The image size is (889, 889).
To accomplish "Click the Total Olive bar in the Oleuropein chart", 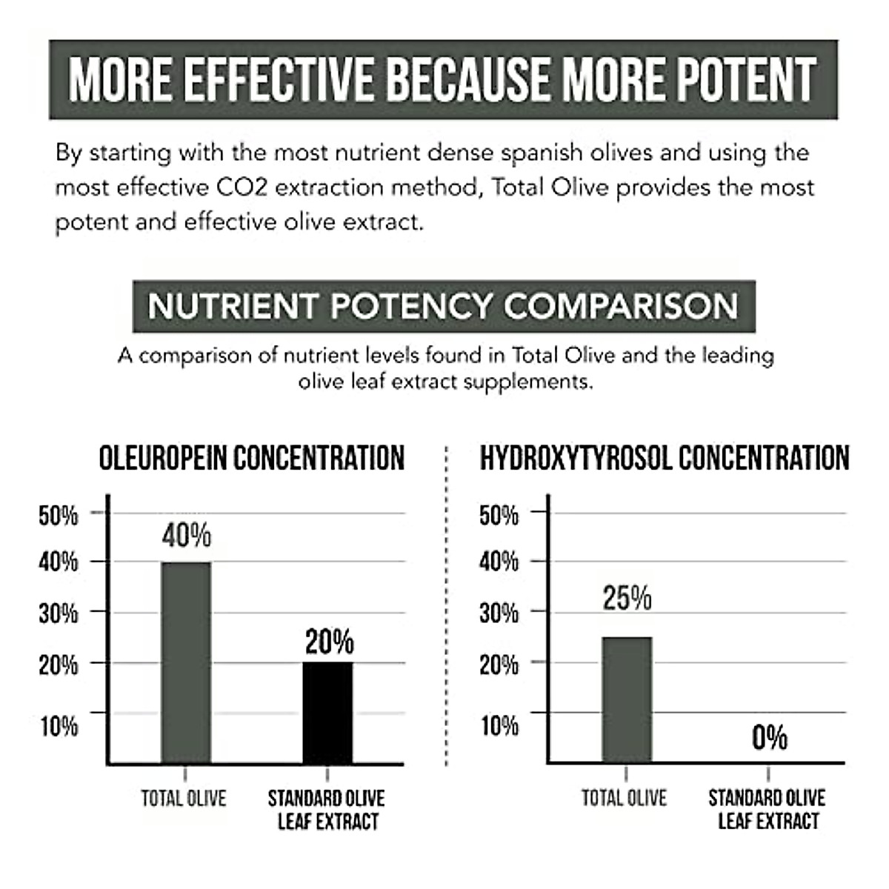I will point(186,662).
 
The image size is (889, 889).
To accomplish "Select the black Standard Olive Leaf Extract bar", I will point(328,712).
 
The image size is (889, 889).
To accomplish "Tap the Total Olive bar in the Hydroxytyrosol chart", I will point(627,699).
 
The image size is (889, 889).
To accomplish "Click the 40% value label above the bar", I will point(187,535).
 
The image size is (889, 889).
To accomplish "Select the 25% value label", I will point(627,598).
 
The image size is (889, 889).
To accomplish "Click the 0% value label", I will point(770,738).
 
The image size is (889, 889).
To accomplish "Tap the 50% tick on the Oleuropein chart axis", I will point(59,515).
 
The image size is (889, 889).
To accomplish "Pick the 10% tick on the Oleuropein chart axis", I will point(59,726).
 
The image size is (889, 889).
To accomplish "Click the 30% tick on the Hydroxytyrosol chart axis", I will point(499,613).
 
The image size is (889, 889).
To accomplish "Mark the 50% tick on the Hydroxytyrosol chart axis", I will point(499,515).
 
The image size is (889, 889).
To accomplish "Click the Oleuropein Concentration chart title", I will point(252,458).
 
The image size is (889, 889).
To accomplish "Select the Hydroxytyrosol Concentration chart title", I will point(665,458).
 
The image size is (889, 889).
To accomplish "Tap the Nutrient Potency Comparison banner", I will point(443,306).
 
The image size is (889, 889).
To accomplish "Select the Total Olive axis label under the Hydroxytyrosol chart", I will point(624,798).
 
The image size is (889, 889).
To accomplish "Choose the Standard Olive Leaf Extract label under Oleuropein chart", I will point(327,810).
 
